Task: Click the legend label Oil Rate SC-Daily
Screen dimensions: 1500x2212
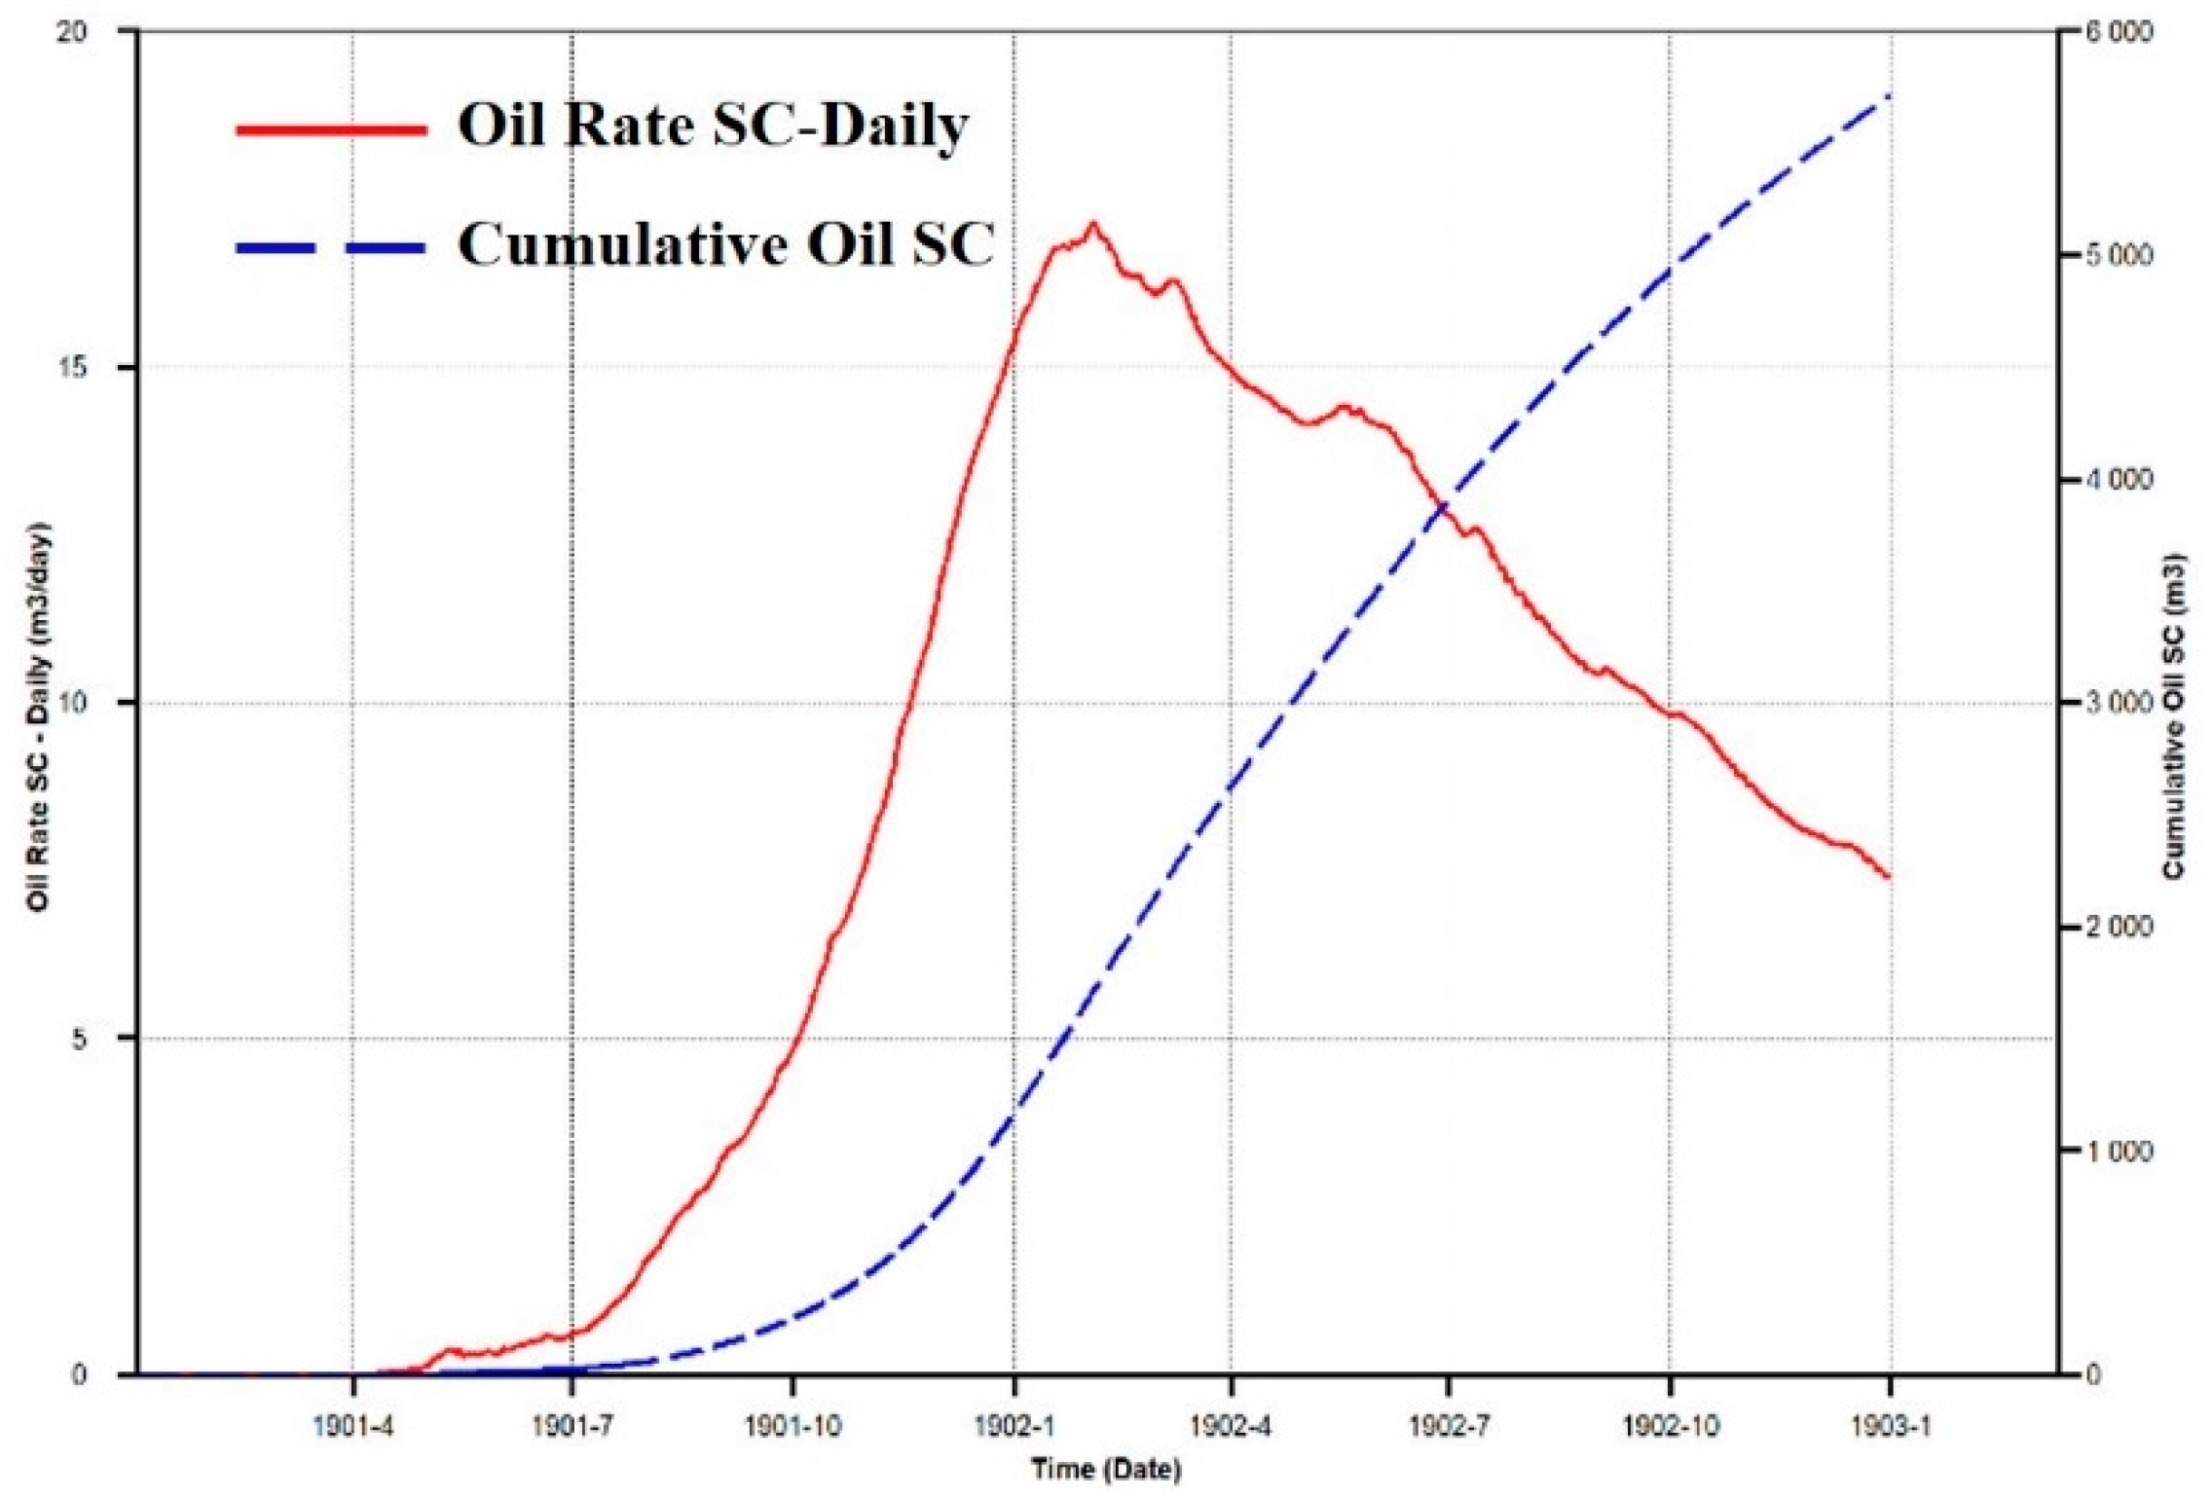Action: tap(713, 127)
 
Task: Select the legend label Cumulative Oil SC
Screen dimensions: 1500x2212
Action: tap(726, 244)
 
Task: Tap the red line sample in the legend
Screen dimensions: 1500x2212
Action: tap(331, 128)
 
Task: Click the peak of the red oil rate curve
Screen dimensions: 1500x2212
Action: tap(1093, 224)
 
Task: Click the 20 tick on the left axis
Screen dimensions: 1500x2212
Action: tap(73, 31)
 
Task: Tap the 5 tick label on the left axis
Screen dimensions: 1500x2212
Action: tap(80, 1039)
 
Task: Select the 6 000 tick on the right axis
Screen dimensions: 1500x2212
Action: tap(2119, 31)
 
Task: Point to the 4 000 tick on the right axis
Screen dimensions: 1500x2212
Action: tap(2119, 480)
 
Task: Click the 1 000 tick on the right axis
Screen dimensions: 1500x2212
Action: tap(2119, 1152)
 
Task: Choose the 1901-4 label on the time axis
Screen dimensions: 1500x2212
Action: tap(353, 1426)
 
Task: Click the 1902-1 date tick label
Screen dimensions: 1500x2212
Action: tap(1014, 1426)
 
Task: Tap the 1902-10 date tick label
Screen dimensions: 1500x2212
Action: tap(1671, 1426)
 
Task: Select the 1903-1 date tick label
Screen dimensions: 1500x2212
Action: tap(1891, 1426)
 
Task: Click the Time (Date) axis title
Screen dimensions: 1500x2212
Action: tap(1106, 1469)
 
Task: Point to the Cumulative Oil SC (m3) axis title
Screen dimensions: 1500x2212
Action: tap(2175, 715)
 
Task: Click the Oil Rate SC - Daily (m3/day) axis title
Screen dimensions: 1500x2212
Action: tap(39, 715)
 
